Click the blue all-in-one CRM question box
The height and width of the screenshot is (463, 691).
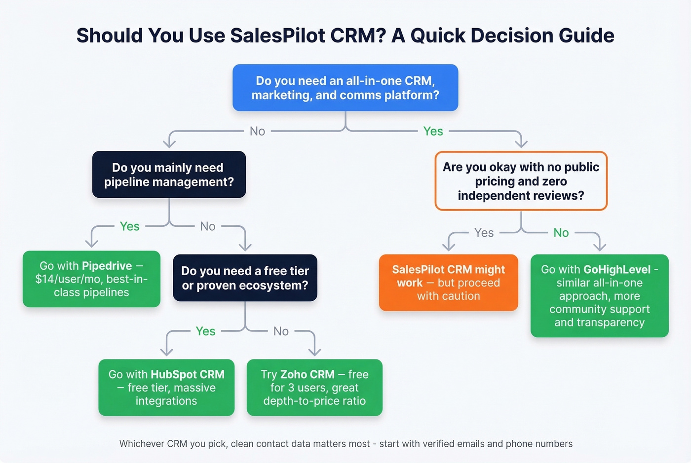[x=345, y=88]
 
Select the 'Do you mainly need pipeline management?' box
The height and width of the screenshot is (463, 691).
[x=169, y=175]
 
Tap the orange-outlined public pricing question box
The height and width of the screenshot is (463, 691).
[x=521, y=181]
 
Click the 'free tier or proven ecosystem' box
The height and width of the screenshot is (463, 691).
[x=245, y=278]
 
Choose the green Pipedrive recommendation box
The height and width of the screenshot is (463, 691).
[x=91, y=279]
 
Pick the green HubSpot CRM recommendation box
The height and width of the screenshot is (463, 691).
[x=166, y=388]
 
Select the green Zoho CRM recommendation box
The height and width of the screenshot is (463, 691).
[x=314, y=388]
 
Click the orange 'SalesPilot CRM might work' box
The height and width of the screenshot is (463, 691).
[x=448, y=283]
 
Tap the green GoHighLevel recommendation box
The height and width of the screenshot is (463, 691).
[x=599, y=296]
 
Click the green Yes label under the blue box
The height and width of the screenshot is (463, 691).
[x=433, y=131]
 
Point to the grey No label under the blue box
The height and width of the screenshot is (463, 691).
[x=257, y=131]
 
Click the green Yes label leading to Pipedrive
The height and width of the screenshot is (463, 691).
[x=129, y=226]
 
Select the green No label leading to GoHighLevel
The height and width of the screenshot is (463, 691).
[x=561, y=233]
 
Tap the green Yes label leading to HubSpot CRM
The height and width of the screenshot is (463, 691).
[x=205, y=331]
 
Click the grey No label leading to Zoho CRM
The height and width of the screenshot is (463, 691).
[x=281, y=331]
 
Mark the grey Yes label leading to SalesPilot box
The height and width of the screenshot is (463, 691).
[x=484, y=233]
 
